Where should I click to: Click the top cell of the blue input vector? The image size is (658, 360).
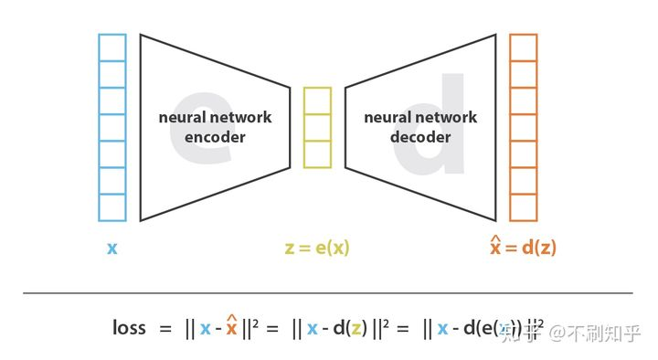click(x=112, y=47)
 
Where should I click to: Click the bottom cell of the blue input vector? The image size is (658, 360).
click(x=112, y=207)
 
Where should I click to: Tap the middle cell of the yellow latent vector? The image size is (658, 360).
click(x=317, y=127)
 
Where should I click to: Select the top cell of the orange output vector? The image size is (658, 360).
click(x=524, y=47)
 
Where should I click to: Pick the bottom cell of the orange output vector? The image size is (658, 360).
click(x=524, y=207)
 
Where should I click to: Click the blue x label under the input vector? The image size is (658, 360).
click(x=111, y=248)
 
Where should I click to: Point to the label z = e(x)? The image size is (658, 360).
click(x=317, y=248)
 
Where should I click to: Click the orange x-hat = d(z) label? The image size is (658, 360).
click(x=524, y=247)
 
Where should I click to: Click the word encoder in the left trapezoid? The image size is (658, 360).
click(x=215, y=137)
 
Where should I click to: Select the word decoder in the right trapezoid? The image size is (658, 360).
click(x=420, y=137)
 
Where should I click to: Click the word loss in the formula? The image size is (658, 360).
click(x=129, y=327)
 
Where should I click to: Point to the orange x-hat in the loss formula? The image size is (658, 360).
click(x=232, y=326)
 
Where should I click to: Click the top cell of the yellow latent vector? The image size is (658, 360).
click(x=317, y=101)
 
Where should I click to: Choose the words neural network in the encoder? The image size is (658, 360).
click(x=215, y=118)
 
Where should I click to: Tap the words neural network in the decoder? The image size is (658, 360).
click(x=420, y=118)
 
